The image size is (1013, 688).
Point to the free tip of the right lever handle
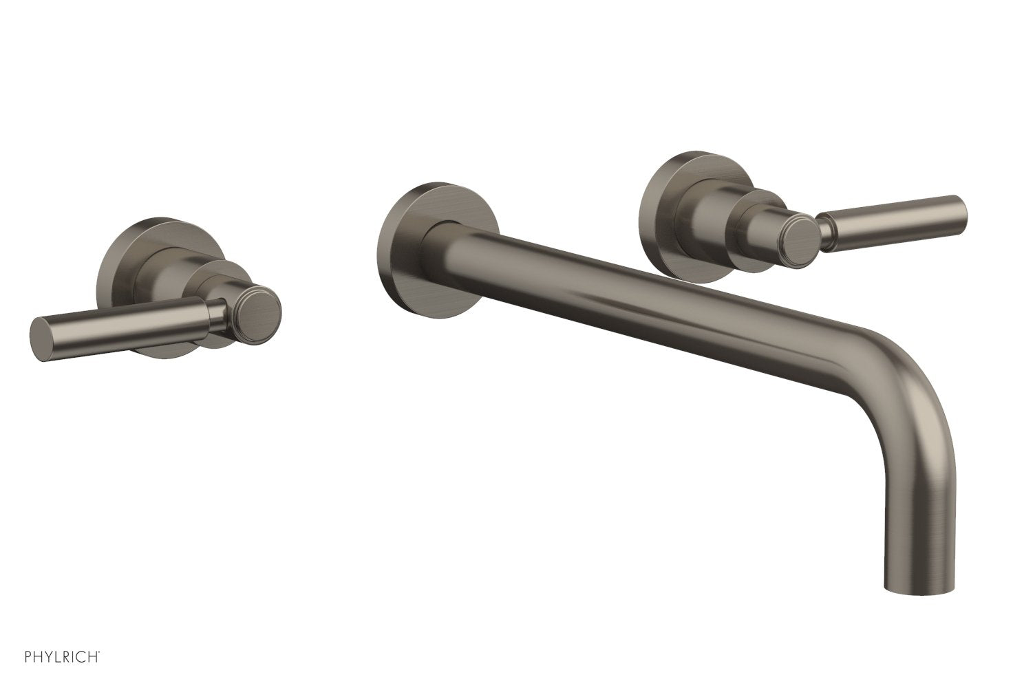pos(960,205)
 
